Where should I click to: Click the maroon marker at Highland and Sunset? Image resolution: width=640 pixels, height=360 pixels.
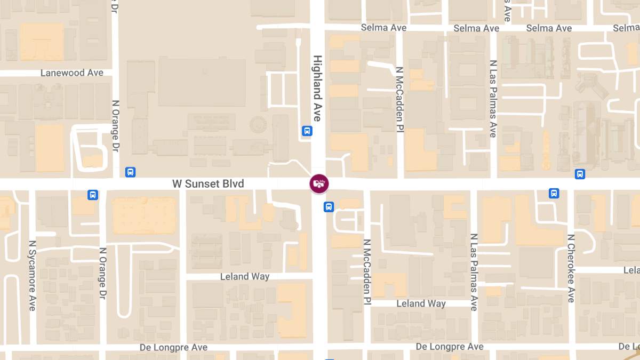click(x=319, y=183)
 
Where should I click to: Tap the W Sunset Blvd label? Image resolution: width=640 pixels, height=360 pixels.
click(x=208, y=184)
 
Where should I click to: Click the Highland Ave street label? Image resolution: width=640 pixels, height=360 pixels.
click(x=317, y=88)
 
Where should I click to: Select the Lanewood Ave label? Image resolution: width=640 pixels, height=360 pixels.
click(x=72, y=73)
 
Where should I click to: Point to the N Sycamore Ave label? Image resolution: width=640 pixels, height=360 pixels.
click(x=32, y=275)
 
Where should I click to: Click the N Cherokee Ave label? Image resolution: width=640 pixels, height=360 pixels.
click(x=571, y=268)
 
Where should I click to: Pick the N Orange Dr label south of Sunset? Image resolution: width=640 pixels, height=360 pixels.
click(x=102, y=273)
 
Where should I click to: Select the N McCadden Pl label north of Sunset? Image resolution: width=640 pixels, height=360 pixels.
click(x=399, y=99)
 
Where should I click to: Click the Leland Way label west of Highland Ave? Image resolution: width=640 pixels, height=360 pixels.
click(x=245, y=276)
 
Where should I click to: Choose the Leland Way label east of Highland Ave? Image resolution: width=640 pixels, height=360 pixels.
click(x=421, y=303)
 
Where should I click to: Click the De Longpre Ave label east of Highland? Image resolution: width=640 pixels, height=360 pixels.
click(x=450, y=347)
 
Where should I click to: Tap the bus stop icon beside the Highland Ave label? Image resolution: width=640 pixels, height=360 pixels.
click(x=307, y=131)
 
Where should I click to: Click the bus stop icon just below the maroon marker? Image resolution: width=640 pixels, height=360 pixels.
click(x=329, y=206)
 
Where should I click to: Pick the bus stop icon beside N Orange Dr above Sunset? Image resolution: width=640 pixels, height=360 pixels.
click(x=130, y=172)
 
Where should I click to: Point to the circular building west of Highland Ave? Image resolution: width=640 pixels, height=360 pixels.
click(x=258, y=125)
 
